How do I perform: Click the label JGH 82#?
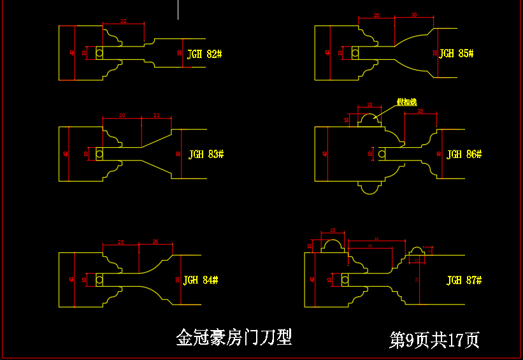(x=204, y=54)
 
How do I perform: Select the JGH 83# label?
(x=206, y=154)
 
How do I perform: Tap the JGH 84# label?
(x=201, y=280)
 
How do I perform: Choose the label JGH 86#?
(x=464, y=154)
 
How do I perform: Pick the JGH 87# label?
(x=464, y=280)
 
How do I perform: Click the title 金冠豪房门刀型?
(x=234, y=337)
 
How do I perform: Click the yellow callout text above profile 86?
(x=406, y=102)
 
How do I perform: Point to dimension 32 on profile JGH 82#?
(x=123, y=22)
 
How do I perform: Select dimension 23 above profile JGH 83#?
(x=157, y=115)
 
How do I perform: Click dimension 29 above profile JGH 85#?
(x=376, y=15)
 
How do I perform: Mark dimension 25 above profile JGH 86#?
(x=420, y=112)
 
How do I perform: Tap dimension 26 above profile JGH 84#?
(x=156, y=241)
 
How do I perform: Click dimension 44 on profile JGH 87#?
(x=376, y=239)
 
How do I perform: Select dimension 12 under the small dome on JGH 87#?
(x=417, y=260)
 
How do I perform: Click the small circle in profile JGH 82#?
(x=99, y=54)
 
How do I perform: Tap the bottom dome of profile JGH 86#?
(x=369, y=188)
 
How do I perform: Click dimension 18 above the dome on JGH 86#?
(x=369, y=104)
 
